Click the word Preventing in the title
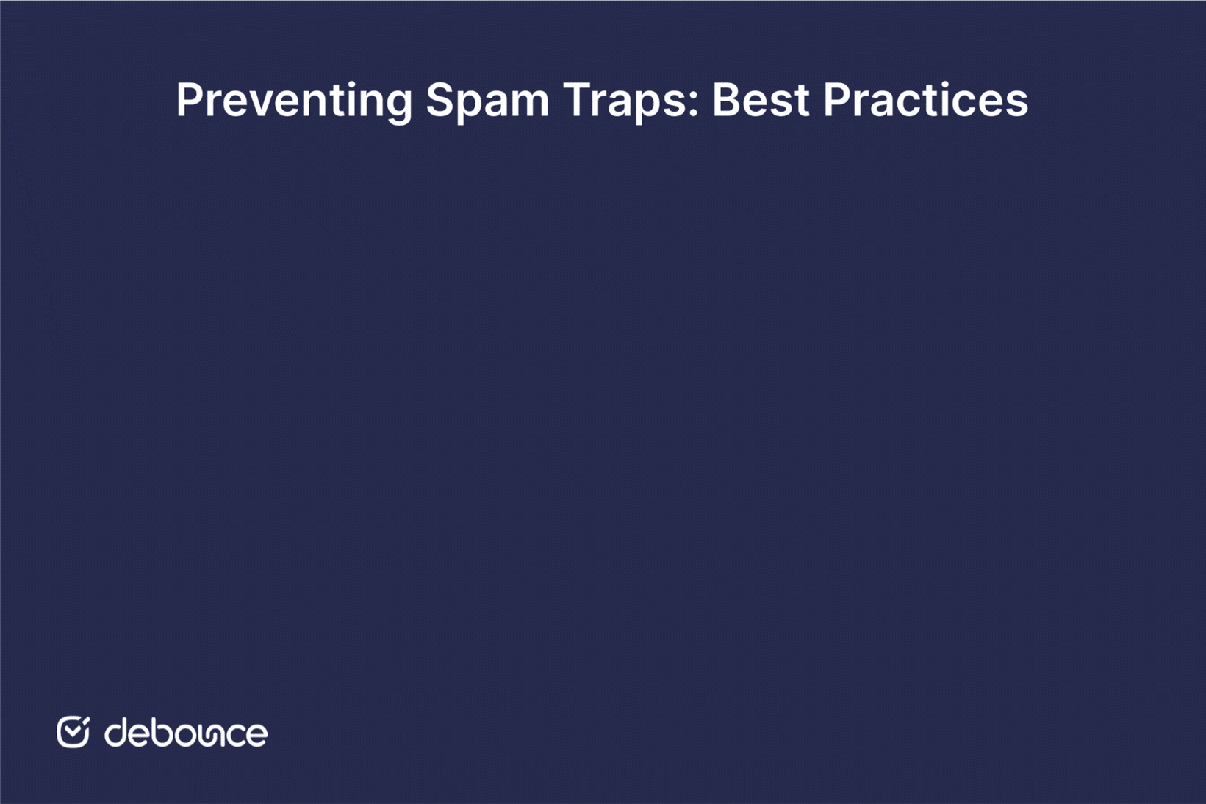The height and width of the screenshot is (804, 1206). click(x=294, y=100)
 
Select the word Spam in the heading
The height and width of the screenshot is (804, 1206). click(x=487, y=100)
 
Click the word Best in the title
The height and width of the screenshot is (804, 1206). click(x=761, y=100)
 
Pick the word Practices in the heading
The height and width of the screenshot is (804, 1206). click(x=925, y=100)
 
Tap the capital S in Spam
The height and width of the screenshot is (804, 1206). click(x=439, y=100)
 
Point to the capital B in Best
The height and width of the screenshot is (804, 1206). click(x=725, y=100)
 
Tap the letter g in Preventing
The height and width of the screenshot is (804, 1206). click(x=398, y=104)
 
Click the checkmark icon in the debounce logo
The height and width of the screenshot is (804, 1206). click(x=73, y=731)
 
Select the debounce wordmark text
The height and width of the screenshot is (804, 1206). click(x=186, y=733)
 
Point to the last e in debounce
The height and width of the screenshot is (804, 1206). click(x=256, y=735)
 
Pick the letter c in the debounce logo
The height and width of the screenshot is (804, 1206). click(x=234, y=735)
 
